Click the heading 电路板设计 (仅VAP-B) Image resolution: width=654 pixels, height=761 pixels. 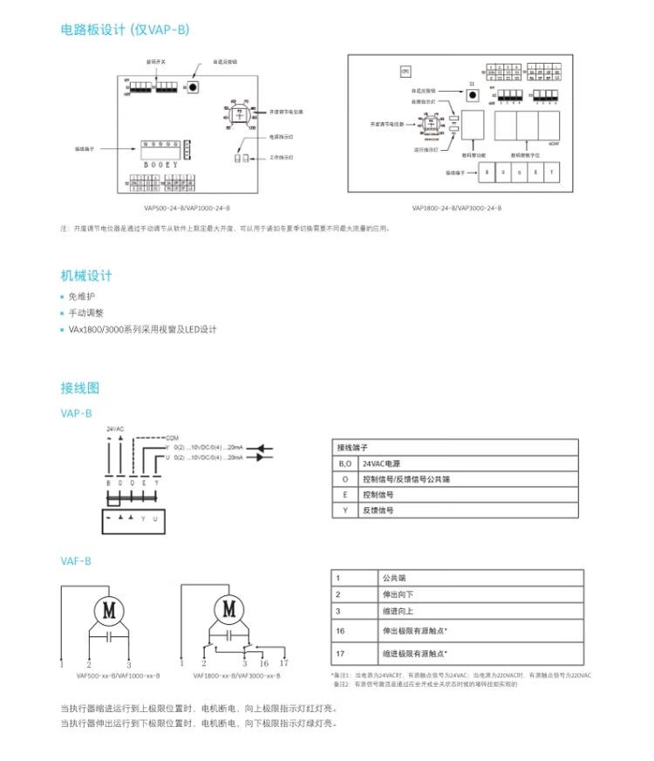pyautogui.click(x=124, y=30)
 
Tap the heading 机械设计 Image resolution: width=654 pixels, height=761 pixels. pyautogui.click(x=86, y=276)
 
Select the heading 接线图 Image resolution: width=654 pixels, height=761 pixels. pyautogui.click(x=80, y=387)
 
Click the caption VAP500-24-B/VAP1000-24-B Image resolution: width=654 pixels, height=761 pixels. pyautogui.click(x=187, y=209)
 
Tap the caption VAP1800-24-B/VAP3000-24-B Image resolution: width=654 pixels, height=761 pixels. pyautogui.click(x=456, y=209)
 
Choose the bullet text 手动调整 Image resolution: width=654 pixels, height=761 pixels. pyautogui.click(x=85, y=312)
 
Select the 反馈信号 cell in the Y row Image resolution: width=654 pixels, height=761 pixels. pyautogui.click(x=378, y=510)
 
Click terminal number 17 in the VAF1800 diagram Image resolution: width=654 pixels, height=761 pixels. pyautogui.click(x=283, y=663)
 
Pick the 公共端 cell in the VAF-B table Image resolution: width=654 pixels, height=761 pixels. pyautogui.click(x=393, y=577)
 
